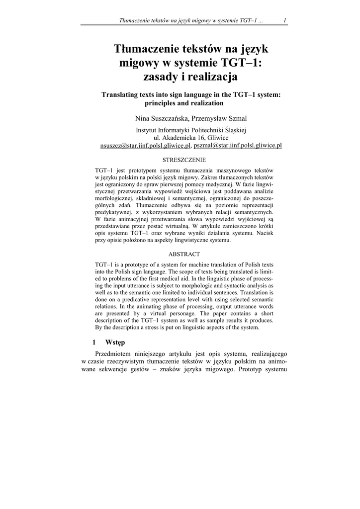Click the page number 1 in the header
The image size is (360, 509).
pyautogui.click(x=283, y=20)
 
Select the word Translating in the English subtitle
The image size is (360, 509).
pyautogui.click(x=124, y=94)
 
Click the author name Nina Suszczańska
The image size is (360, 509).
pyautogui.click(x=159, y=118)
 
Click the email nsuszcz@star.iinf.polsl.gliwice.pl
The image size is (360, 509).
pyautogui.click(x=145, y=146)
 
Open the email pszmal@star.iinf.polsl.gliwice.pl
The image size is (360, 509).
pyautogui.click(x=238, y=146)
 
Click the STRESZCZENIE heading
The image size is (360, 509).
pyautogui.click(x=184, y=160)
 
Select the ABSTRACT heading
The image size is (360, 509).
pyautogui.click(x=184, y=254)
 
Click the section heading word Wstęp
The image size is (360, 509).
pyautogui.click(x=115, y=342)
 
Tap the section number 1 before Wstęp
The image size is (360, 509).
pyautogui.click(x=94, y=342)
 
